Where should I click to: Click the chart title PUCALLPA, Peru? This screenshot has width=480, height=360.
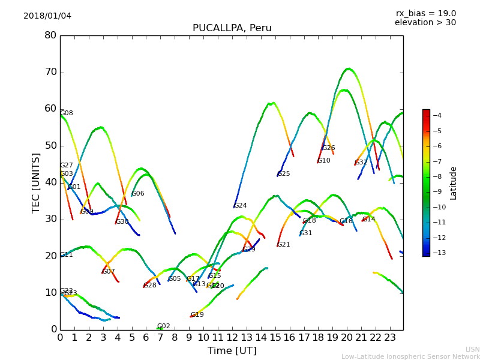click(x=232, y=28)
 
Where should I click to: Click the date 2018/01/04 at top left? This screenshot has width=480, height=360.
click(x=47, y=16)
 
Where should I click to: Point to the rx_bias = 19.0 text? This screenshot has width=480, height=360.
click(x=425, y=13)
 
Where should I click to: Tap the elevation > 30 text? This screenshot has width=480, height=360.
click(x=425, y=23)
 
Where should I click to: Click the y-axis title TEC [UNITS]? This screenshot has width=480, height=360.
click(x=36, y=182)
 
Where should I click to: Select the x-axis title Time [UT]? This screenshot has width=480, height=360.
click(x=232, y=350)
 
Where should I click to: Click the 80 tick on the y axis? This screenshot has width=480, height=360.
click(x=50, y=35)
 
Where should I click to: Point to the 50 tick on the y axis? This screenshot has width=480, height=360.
click(x=50, y=146)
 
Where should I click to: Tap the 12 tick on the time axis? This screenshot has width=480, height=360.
click(x=232, y=337)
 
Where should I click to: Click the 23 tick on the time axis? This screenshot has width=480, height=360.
click(x=390, y=337)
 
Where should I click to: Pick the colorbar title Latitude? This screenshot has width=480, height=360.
click(x=454, y=183)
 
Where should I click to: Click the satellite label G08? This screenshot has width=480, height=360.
click(x=67, y=113)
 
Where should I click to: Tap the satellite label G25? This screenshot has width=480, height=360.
click(x=284, y=174)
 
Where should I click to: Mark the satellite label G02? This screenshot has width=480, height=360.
click(x=164, y=326)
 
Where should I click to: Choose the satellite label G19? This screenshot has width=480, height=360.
click(x=197, y=315)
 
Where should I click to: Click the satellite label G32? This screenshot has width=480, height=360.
click(x=361, y=163)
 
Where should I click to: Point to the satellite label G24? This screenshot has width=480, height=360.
click(x=241, y=206)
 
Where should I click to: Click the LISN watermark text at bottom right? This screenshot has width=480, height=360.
click(x=473, y=349)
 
